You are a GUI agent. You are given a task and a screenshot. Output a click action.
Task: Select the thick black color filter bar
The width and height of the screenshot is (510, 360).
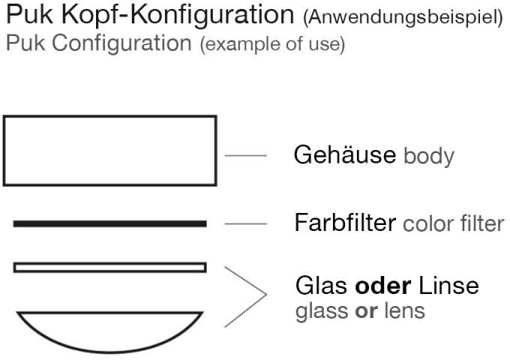pyautogui.click(x=109, y=223)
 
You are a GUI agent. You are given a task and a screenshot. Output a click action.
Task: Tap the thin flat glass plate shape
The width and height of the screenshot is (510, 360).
pyautogui.click(x=109, y=267)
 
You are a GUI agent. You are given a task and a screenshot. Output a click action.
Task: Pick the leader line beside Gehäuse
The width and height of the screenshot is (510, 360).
pyautogui.click(x=245, y=157)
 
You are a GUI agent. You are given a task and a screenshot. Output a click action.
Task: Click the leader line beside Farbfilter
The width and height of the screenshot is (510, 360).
pyautogui.click(x=245, y=223)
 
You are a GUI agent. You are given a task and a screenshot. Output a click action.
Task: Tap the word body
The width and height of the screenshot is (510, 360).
pyautogui.click(x=429, y=157)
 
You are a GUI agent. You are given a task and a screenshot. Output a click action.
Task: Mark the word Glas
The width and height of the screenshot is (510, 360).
pyautogui.click(x=319, y=286)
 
